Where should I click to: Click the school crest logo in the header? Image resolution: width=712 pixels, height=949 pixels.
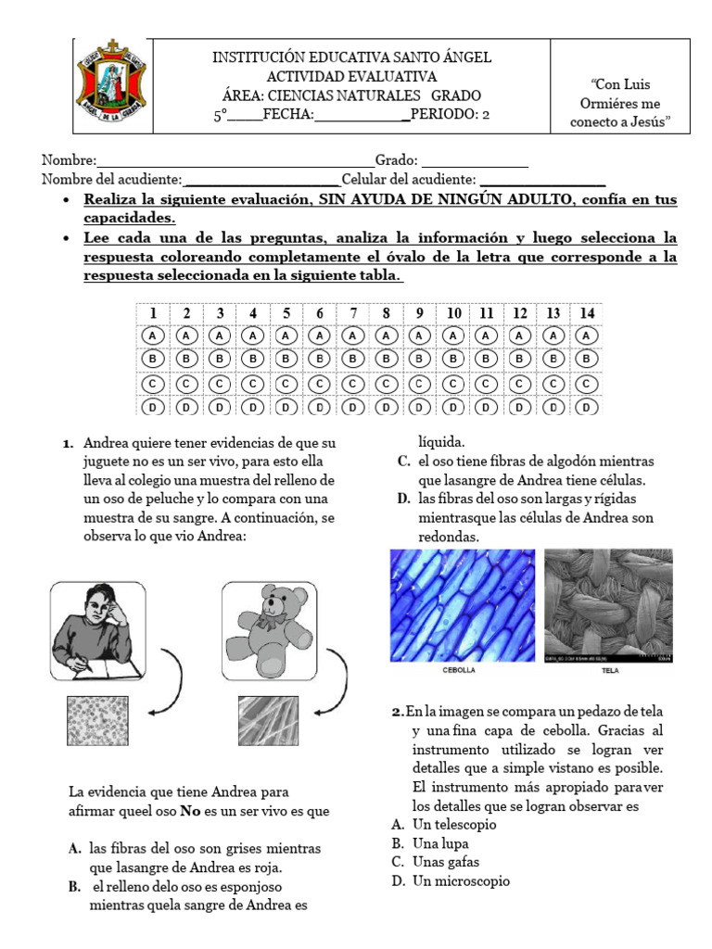(x=110, y=86)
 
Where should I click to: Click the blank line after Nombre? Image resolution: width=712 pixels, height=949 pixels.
(x=235, y=161)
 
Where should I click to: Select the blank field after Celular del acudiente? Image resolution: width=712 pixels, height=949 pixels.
(x=542, y=180)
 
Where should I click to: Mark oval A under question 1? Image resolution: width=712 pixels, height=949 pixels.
(x=154, y=335)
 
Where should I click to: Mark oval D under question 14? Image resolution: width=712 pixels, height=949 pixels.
(x=587, y=407)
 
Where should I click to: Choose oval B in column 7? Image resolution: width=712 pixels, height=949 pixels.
(x=353, y=359)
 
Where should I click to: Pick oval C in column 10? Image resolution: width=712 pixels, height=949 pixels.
(x=453, y=383)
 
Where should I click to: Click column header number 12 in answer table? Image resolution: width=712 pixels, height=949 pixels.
(x=520, y=313)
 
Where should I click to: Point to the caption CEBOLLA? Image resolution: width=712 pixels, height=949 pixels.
(x=461, y=670)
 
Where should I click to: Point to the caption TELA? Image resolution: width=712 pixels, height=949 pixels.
(x=610, y=670)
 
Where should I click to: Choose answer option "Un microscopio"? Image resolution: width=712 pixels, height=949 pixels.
(x=461, y=881)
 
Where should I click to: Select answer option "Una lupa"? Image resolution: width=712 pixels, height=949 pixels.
(x=440, y=843)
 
